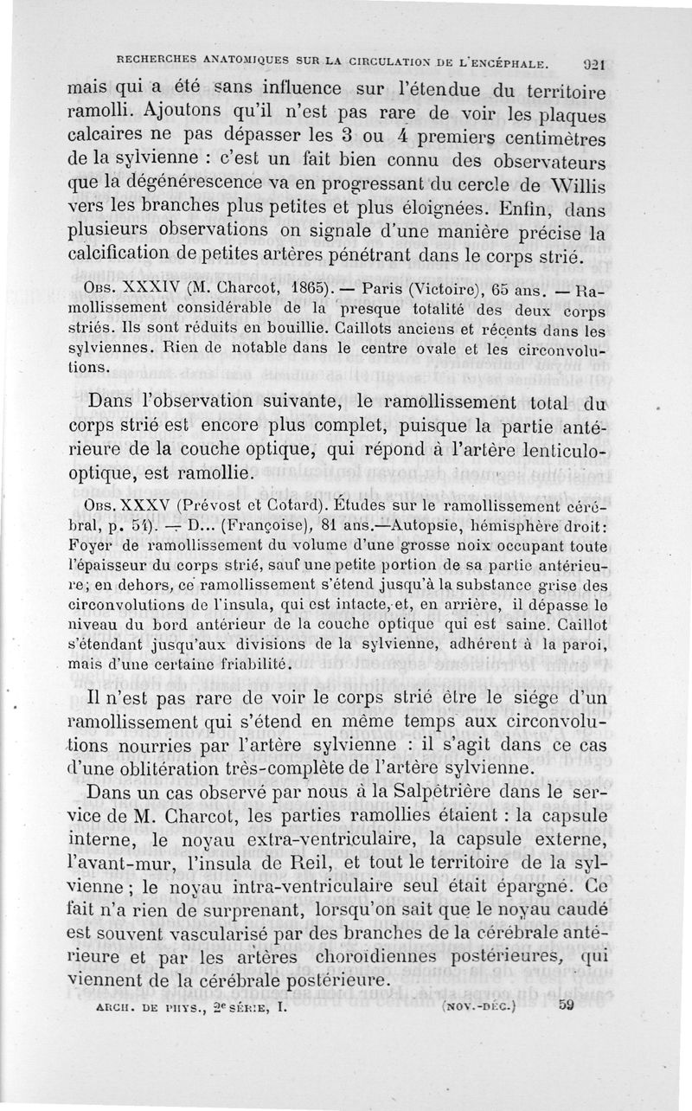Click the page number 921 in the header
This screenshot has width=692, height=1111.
[x=592, y=62]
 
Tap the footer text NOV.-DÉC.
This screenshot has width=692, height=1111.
[x=477, y=1006]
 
